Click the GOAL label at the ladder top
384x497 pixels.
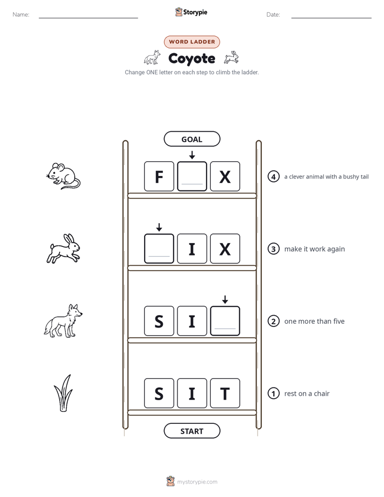click(191, 139)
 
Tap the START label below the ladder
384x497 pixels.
click(191, 431)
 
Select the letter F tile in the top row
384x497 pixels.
click(159, 176)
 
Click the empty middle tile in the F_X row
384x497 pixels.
click(192, 176)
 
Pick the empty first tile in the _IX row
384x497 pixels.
click(159, 249)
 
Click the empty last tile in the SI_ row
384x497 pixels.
click(225, 321)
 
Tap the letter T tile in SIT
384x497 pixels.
click(225, 393)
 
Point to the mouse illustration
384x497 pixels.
click(63, 176)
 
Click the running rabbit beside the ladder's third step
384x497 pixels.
click(63, 248)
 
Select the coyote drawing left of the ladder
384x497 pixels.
click(63, 321)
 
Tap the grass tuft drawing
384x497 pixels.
click(63, 393)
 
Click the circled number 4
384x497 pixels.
click(273, 176)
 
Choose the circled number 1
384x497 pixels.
click(273, 393)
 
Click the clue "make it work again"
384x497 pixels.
click(314, 249)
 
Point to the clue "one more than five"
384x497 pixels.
click(314, 322)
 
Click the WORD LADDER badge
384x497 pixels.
click(191, 42)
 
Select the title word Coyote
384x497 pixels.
click(191, 59)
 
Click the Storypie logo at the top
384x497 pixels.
click(191, 12)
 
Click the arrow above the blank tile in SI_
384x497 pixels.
click(225, 300)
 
